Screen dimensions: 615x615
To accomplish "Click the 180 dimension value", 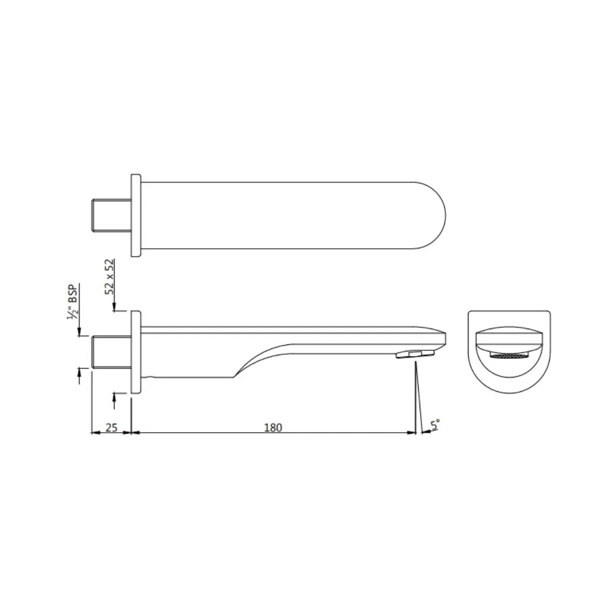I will (273, 427).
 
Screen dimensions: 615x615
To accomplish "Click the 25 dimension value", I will (112, 427).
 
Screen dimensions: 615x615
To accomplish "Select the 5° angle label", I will (435, 425).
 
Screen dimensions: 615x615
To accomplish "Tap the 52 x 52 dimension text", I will (110, 276).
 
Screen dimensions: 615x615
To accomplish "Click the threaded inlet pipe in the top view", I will (112, 216).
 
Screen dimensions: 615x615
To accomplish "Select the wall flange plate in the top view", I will (136, 216).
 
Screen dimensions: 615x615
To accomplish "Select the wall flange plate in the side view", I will (136, 352).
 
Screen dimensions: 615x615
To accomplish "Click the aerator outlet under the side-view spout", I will (415, 355).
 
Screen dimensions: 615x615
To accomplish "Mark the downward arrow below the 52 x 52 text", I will (114, 307).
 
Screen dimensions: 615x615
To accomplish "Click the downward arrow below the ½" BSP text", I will (79, 331).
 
